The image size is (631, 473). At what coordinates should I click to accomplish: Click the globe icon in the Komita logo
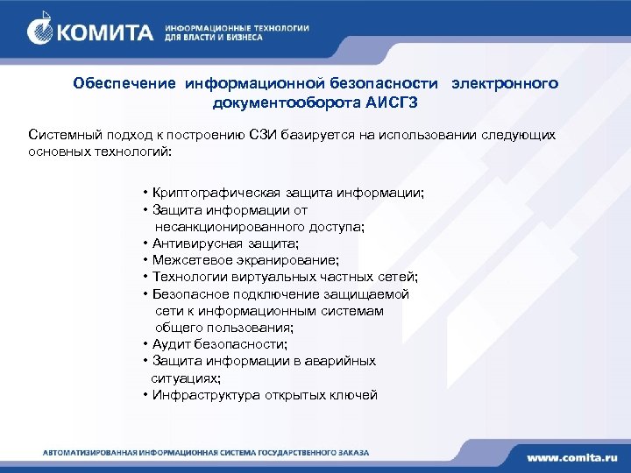[x=43, y=32]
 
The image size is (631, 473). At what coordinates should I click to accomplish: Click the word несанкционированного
[x=226, y=227]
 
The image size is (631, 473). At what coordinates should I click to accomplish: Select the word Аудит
[x=170, y=344]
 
